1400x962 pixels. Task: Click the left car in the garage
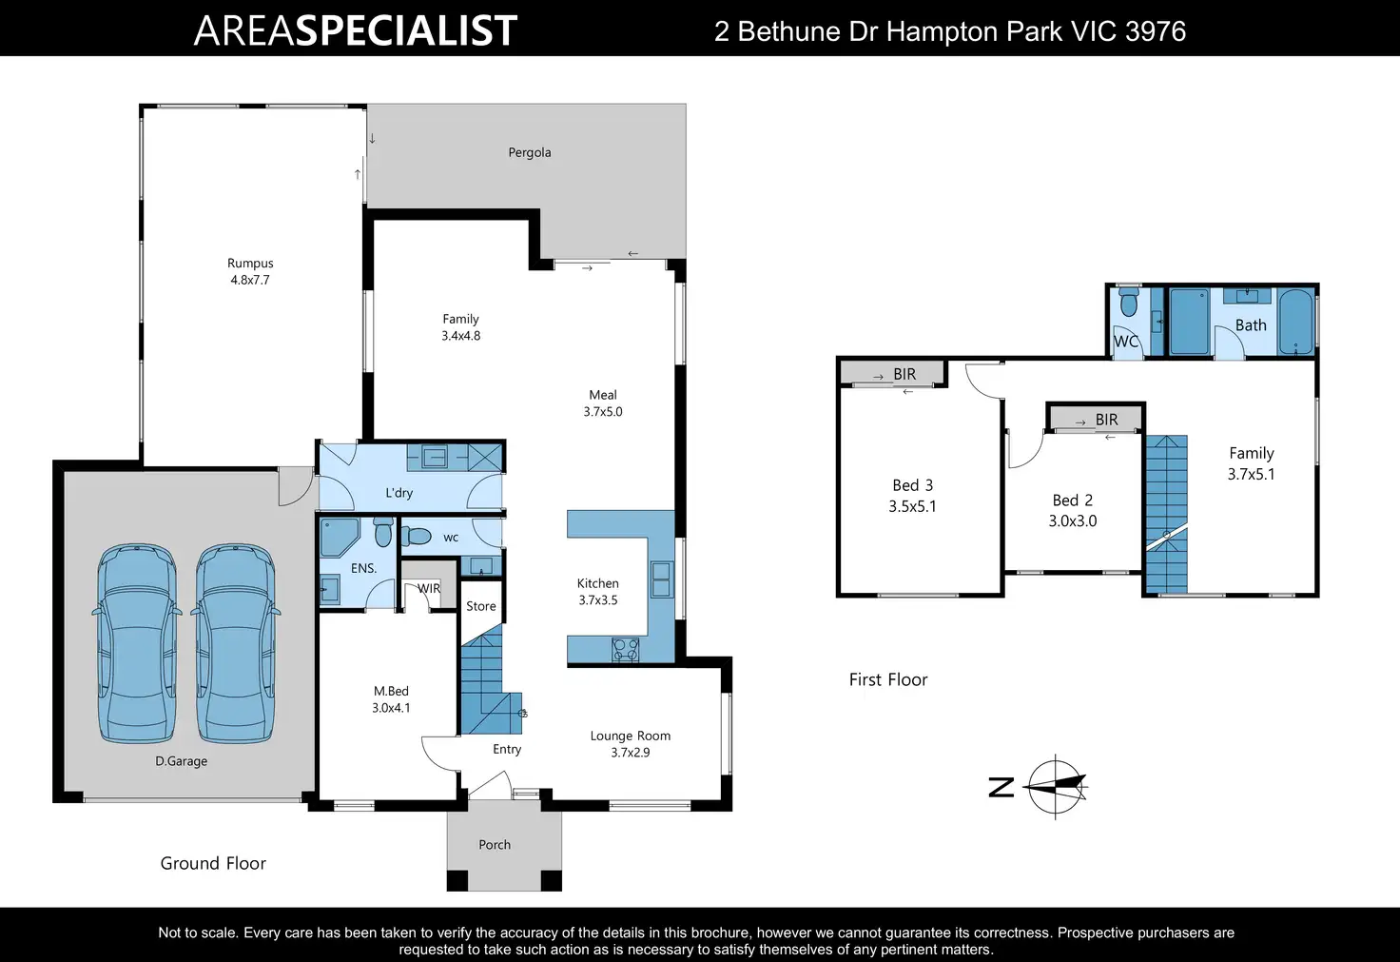[x=137, y=643]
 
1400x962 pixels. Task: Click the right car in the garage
[x=236, y=643]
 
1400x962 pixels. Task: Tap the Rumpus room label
[x=250, y=264]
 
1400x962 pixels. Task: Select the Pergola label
[x=530, y=152]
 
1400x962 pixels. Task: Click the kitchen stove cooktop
[x=625, y=649]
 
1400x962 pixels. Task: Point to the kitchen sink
[x=661, y=579]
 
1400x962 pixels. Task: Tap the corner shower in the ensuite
[x=339, y=538]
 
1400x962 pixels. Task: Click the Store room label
[x=480, y=606]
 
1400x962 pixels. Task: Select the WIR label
[x=429, y=589]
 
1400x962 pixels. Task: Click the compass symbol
[x=1057, y=787]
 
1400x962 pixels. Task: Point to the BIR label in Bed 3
[x=904, y=374]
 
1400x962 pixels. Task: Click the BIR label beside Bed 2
[x=1106, y=420]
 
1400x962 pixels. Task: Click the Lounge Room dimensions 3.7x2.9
[x=630, y=753]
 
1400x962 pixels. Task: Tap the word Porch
[x=495, y=845]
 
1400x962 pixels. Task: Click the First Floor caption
[x=888, y=680]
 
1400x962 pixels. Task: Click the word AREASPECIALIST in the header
[x=356, y=30]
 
